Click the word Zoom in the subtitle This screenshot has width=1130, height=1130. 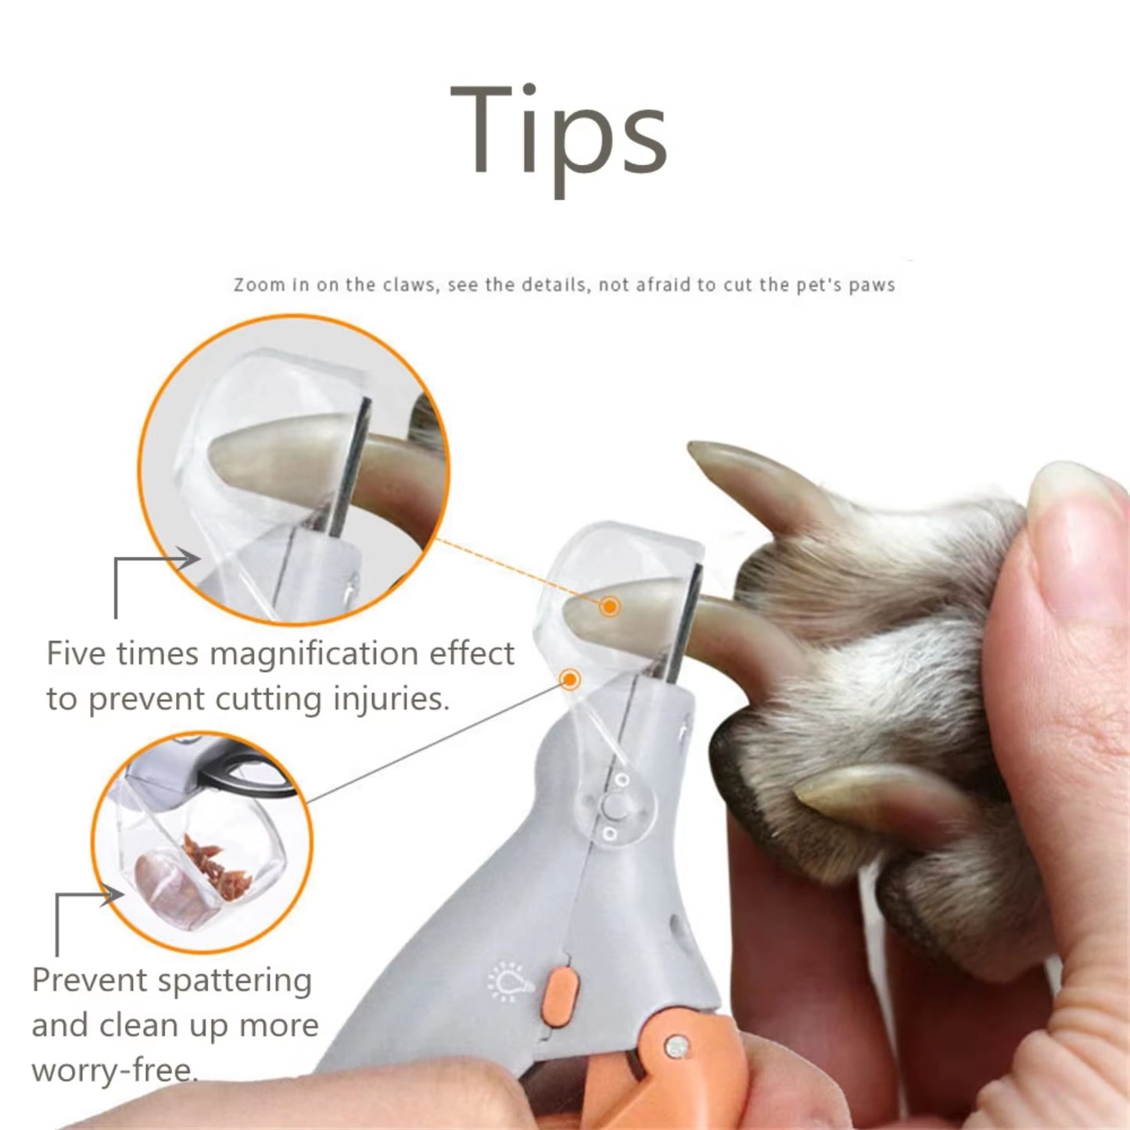259,285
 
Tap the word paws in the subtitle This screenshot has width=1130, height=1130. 871,285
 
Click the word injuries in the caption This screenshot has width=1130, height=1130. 390,698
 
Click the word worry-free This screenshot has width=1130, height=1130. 114,1069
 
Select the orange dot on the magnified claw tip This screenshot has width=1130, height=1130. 609,606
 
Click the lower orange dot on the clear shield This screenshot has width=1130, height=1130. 570,679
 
